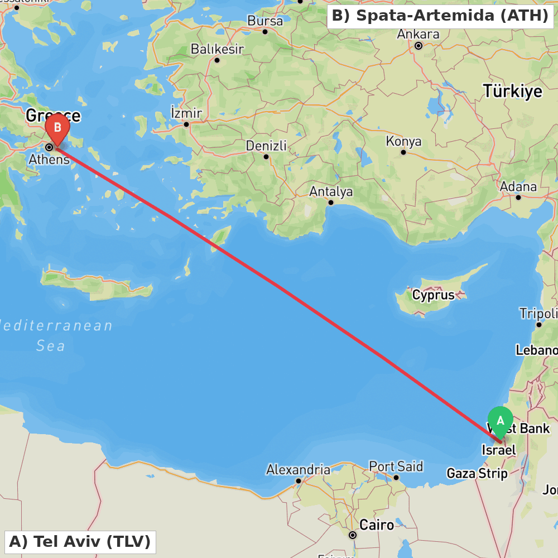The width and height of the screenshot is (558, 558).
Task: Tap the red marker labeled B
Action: pos(57,129)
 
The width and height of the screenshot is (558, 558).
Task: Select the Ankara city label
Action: pos(418,34)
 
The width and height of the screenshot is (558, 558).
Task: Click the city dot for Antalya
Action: pos(331,203)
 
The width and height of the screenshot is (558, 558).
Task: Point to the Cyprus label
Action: pos(433,295)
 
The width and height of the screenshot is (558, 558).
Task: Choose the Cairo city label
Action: pos(376,525)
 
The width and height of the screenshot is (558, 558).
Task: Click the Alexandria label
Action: pos(298,470)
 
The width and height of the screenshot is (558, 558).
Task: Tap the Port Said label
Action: pos(396,466)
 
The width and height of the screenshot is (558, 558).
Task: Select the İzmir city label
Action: pos(186,113)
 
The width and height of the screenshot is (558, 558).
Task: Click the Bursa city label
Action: pos(265,21)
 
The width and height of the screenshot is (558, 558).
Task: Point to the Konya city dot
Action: pos(403,152)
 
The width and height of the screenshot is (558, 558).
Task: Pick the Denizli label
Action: pos(266,146)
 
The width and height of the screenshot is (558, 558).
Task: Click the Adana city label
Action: pos(518,187)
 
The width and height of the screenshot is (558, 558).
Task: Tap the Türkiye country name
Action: pos(512,91)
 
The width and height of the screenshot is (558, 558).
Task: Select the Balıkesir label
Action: pos(217,49)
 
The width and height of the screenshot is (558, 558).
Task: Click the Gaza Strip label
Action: pos(477,474)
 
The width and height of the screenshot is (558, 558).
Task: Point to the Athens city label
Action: pos(49,159)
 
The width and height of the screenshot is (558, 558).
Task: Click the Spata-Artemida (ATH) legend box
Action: pos(440,16)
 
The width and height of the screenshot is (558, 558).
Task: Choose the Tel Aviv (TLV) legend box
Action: pos(80,541)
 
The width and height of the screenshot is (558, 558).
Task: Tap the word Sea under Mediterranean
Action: pos(51,346)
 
